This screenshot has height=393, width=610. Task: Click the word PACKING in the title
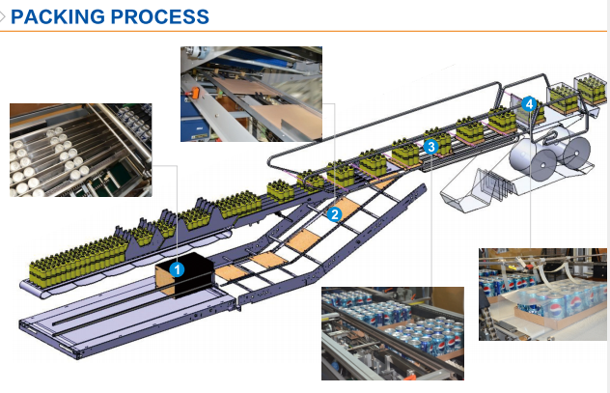58,16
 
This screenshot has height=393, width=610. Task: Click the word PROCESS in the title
160,16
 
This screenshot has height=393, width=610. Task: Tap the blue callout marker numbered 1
177,269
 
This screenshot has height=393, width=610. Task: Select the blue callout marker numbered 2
334,214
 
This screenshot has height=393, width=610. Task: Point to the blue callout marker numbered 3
431,147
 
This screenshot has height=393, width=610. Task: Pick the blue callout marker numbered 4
529,104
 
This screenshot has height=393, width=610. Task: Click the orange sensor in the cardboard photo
195,93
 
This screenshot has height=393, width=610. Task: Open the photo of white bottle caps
81,151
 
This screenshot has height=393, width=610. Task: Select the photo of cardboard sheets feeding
251,95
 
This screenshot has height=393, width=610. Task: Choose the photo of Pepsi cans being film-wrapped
542,295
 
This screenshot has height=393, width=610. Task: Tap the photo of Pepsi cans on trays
393,333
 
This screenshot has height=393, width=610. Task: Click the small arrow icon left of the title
2,16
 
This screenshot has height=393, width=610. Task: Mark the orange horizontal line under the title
303,31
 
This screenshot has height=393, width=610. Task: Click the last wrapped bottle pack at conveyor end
591,90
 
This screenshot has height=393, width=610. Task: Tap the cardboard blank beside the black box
231,272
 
